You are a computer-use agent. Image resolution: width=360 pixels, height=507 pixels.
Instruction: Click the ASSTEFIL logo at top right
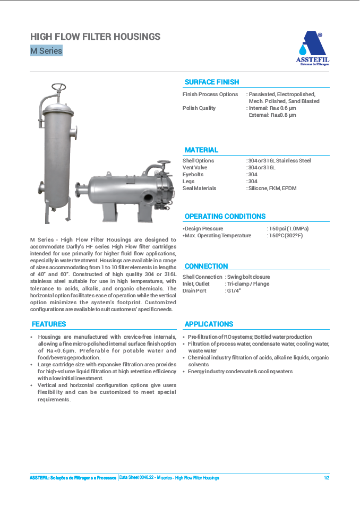(x=312, y=48)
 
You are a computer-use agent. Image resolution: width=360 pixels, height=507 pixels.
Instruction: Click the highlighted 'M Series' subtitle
(x=46, y=51)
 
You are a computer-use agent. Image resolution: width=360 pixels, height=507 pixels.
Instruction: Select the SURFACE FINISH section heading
(x=212, y=82)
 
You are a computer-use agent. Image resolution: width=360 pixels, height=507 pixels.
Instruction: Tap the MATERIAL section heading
(x=201, y=150)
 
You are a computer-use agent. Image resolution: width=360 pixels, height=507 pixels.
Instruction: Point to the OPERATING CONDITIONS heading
(x=225, y=217)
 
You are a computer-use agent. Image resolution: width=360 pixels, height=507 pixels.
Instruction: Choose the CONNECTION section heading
(x=207, y=267)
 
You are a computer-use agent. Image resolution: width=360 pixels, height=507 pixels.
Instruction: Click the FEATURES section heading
(x=49, y=324)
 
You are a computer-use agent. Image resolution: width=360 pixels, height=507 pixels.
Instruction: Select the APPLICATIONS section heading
(x=209, y=324)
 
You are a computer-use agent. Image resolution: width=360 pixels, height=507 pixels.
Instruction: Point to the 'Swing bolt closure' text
(x=248, y=277)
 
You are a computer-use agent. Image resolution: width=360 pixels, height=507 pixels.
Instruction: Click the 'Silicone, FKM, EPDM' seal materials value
(x=272, y=188)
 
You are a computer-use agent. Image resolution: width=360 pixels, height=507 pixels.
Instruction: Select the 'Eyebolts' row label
(x=193, y=175)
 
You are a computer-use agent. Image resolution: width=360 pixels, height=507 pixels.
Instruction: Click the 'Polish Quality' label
(x=199, y=108)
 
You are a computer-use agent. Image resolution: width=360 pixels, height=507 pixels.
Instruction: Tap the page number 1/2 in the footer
(x=327, y=478)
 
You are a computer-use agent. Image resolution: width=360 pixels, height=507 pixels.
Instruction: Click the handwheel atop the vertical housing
(x=59, y=88)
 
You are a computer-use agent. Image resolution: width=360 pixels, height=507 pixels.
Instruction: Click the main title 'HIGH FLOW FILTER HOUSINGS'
(x=95, y=37)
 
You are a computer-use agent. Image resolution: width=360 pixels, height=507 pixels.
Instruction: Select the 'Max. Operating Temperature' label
(x=217, y=236)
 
